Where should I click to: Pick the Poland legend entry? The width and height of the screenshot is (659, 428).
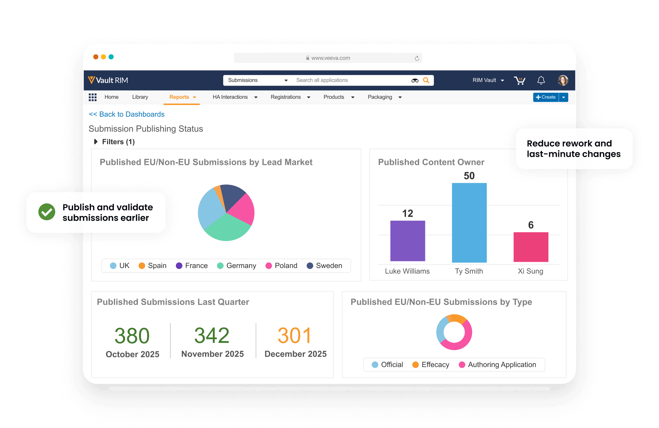click(x=281, y=266)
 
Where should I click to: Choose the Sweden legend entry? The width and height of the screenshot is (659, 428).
click(x=325, y=266)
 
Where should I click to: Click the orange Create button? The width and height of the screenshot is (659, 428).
click(x=546, y=97)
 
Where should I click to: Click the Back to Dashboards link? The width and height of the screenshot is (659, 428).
click(x=127, y=114)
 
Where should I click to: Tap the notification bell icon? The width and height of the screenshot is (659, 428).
click(x=541, y=80)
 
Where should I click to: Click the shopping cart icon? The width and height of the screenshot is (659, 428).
click(x=520, y=80)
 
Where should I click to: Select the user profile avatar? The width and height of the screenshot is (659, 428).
click(x=563, y=80)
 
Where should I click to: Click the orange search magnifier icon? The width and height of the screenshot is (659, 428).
click(x=426, y=80)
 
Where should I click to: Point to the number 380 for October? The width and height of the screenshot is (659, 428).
click(x=132, y=336)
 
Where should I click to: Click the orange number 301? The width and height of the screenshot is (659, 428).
click(x=295, y=336)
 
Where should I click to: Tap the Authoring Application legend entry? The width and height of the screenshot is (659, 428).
click(x=498, y=365)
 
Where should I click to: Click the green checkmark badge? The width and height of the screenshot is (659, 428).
click(x=47, y=212)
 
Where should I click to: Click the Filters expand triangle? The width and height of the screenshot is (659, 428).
click(x=96, y=142)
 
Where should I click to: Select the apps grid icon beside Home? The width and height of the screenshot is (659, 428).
click(x=93, y=97)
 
